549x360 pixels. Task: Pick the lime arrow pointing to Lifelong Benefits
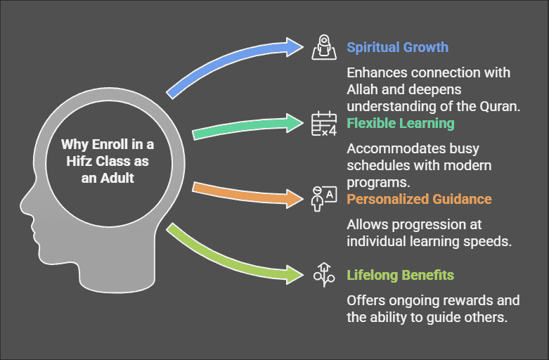232,257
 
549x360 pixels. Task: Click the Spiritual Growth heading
397,48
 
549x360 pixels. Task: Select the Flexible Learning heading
400,124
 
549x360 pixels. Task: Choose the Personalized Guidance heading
419,199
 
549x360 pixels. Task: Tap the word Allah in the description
363,89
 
